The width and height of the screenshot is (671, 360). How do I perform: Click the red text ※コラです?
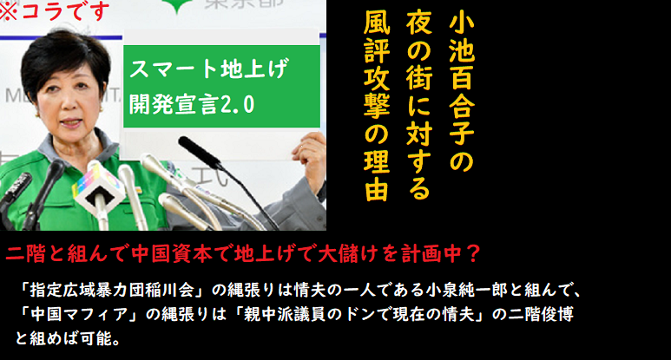click(x=53, y=10)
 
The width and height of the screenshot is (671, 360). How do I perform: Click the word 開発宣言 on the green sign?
click(x=174, y=104)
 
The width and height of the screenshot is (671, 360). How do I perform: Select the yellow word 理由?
click(x=377, y=177)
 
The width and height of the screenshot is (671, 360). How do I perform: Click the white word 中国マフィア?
click(x=80, y=315)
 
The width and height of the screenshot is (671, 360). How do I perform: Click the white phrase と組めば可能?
click(x=63, y=338)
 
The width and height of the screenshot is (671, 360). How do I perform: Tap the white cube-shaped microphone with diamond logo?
click(x=96, y=191)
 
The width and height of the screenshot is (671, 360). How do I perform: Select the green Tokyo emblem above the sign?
click(x=176, y=6)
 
